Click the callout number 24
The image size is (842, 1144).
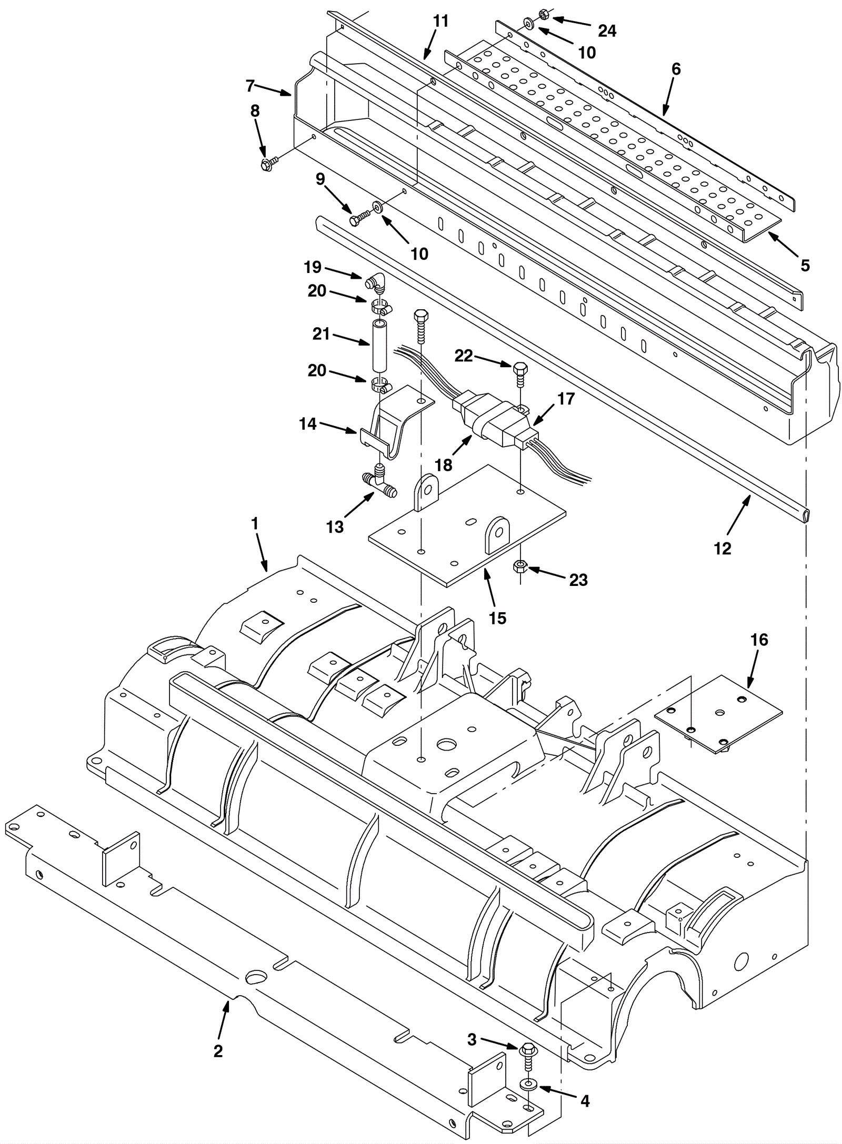click(x=607, y=31)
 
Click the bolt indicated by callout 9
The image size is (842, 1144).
click(x=359, y=217)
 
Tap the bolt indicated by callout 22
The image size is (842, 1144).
click(x=519, y=375)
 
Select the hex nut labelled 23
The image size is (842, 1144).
click(x=520, y=567)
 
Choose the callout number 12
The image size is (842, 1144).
click(x=723, y=549)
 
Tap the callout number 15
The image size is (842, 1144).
click(x=497, y=619)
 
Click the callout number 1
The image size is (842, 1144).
click(x=255, y=523)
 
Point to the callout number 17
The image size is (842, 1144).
click(x=566, y=399)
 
